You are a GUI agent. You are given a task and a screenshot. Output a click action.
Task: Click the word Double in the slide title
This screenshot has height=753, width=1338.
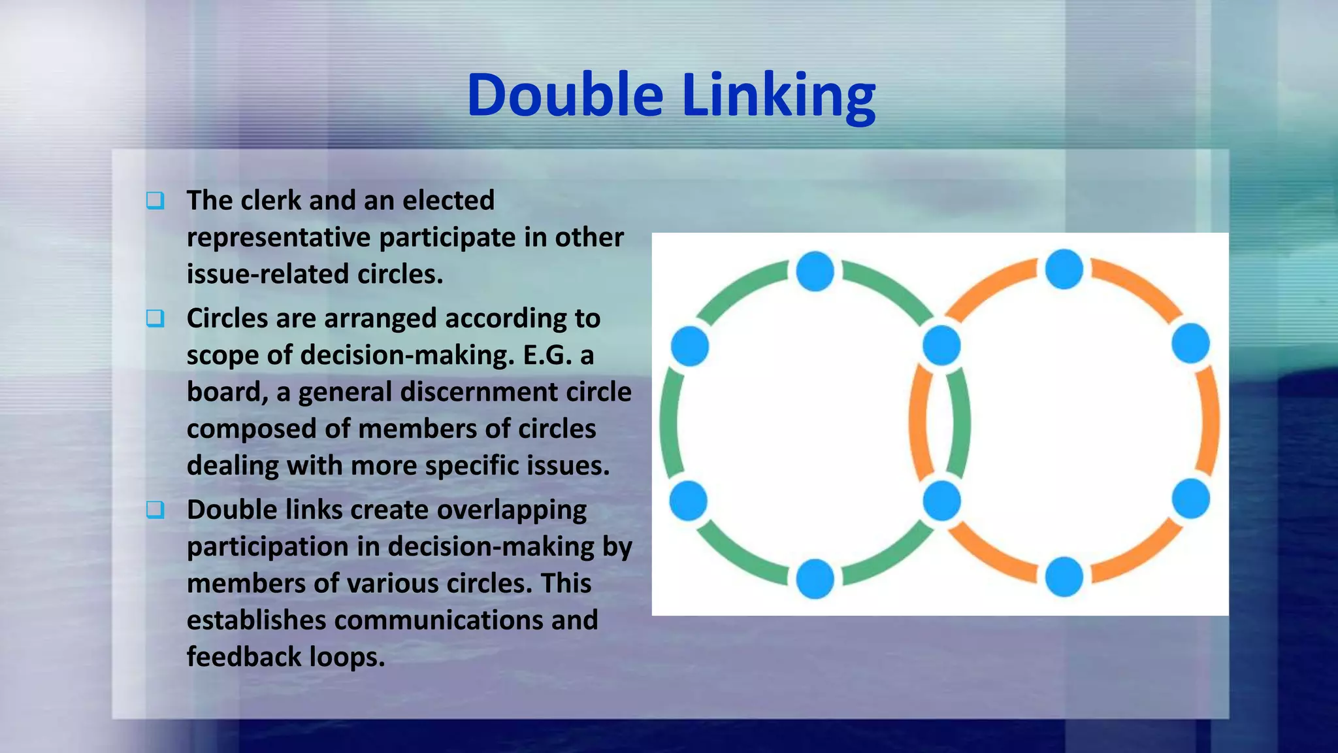click(x=565, y=95)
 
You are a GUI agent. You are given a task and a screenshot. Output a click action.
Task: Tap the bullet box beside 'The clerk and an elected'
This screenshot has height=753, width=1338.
click(x=155, y=201)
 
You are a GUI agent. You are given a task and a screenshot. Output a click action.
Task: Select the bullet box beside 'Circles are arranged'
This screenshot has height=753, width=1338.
click(x=155, y=319)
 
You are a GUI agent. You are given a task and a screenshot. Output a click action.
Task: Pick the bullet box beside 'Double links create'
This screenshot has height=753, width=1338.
click(x=155, y=510)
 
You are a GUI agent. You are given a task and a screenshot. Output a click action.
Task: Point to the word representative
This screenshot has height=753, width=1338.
click(x=279, y=238)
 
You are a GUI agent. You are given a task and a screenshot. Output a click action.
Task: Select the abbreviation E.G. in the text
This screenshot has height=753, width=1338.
click(x=547, y=356)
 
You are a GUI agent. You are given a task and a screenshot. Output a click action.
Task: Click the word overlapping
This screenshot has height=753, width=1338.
click(x=512, y=510)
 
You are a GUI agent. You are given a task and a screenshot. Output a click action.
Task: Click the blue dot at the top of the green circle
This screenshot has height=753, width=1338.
click(x=815, y=271)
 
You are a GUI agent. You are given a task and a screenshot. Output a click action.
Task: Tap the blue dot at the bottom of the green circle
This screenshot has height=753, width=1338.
click(x=815, y=578)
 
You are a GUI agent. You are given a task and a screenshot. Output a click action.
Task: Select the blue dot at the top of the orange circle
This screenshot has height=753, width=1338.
click(x=1064, y=269)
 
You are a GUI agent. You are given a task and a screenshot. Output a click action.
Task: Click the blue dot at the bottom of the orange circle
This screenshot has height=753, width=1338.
click(x=1064, y=577)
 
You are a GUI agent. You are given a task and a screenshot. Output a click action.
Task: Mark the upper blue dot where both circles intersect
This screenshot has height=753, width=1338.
click(x=941, y=345)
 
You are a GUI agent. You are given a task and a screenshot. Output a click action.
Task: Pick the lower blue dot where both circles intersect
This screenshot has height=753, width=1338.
click(x=941, y=501)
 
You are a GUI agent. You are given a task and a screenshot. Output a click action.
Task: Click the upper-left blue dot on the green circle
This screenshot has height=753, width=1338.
click(x=690, y=346)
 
